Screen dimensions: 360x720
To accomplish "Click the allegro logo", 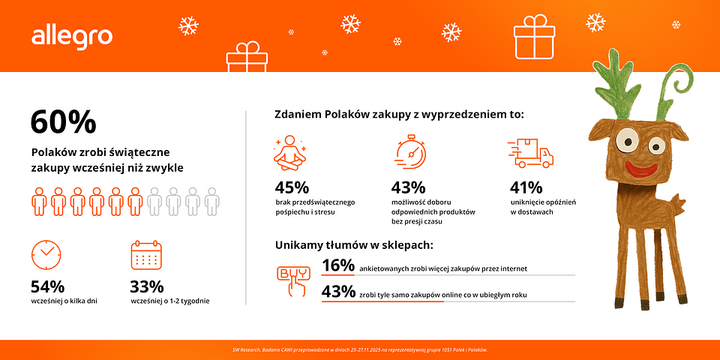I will coord(72,36).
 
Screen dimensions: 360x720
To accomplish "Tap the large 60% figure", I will coord(63,121).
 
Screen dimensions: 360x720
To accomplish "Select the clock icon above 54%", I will coord(46,254).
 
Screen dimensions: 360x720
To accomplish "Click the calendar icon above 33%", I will coord(146,255).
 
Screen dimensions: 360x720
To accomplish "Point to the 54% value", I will coord(47,286).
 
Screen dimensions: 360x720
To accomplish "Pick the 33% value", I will coord(147,286).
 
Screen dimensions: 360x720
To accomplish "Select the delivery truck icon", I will coord(531,153).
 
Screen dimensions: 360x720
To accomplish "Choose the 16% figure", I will coord(337,265).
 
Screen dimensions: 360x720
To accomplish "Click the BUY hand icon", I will coord(292,278).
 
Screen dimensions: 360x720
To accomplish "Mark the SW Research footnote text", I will coord(360,350).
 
